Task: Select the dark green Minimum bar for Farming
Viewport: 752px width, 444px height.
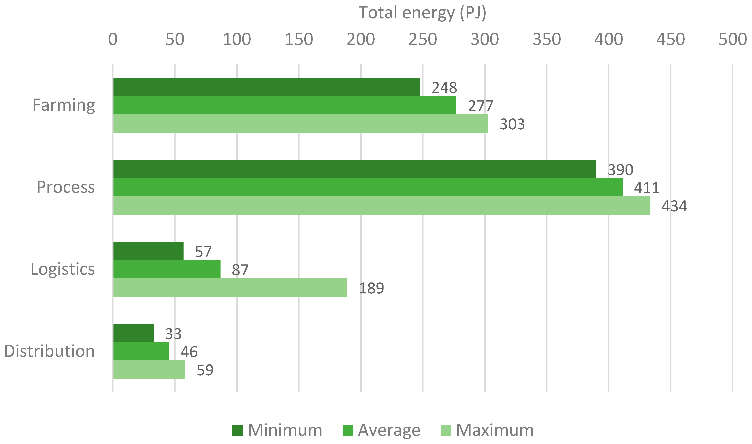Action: point(266,87)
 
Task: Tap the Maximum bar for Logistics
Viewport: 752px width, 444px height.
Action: point(230,288)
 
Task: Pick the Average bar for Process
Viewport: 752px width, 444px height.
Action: point(368,187)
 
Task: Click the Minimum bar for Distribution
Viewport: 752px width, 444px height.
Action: point(133,333)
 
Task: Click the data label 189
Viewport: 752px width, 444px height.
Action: point(371,288)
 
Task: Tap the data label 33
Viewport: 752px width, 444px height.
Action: point(173,334)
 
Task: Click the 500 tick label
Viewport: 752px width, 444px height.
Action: point(732,39)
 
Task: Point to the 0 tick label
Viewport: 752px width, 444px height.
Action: point(113,39)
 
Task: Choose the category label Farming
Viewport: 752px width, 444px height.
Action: point(64,105)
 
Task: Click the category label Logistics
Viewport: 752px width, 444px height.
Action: point(63,269)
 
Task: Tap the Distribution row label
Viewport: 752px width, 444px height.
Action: point(49,351)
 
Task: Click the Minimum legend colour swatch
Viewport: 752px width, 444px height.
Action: point(237,430)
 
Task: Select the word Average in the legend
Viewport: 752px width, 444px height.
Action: point(389,430)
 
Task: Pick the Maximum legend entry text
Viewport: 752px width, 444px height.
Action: point(494,430)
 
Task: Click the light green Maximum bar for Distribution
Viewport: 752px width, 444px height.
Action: point(149,369)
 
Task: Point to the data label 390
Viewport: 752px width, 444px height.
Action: point(620,170)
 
